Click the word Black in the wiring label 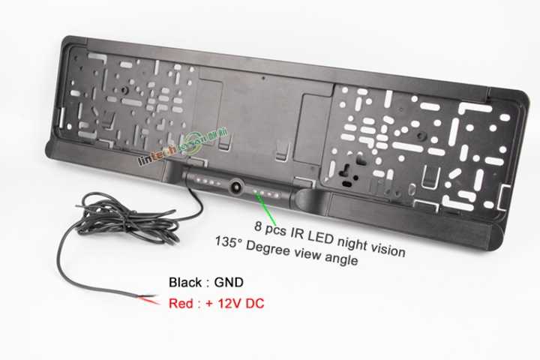pos(184,284)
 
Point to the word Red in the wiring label pos(181,304)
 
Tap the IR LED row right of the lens pos(268,193)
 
